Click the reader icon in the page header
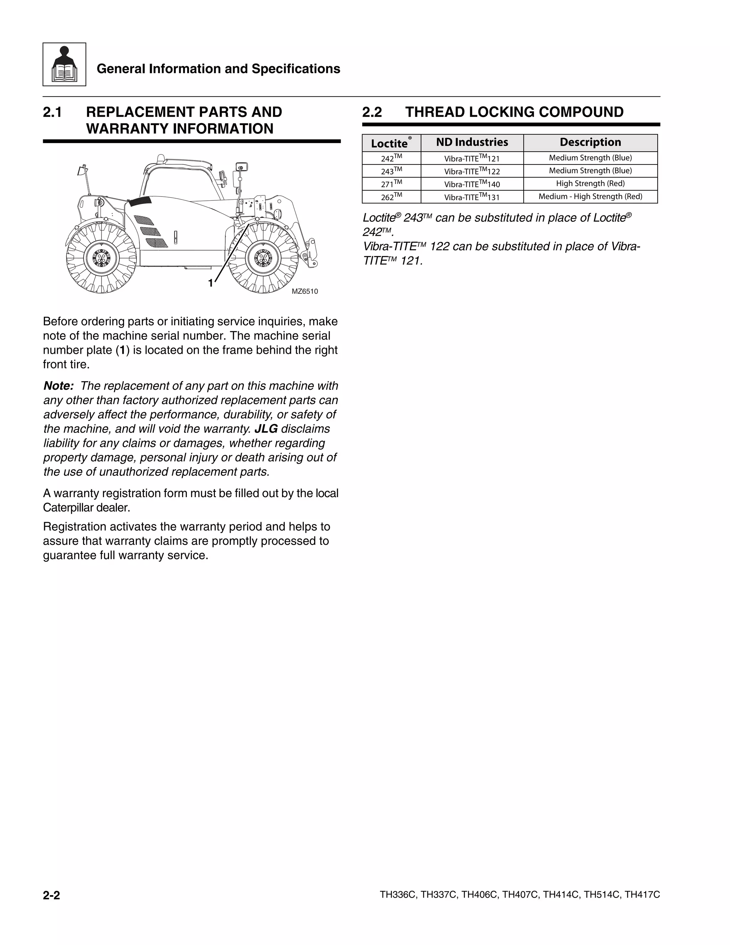click(64, 65)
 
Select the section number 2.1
click(52, 112)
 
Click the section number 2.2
click(372, 112)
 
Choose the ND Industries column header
click(472, 142)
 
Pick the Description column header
click(590, 142)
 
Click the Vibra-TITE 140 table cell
click(472, 184)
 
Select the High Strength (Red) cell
click(590, 183)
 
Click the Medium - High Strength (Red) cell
click(590, 196)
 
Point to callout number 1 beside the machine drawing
click(211, 283)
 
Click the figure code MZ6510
click(304, 292)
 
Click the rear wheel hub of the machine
click(101, 258)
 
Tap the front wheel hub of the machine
click(262, 258)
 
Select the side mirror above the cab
click(241, 167)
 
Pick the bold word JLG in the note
click(266, 429)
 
